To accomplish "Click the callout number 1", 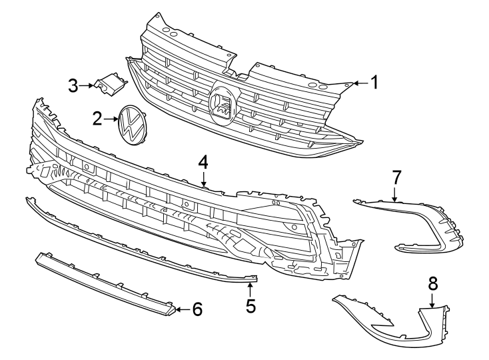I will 374,83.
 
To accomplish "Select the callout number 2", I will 98,119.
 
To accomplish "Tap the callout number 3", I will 73,85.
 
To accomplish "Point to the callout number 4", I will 203,162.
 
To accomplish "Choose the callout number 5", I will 250,306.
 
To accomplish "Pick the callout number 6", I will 197,309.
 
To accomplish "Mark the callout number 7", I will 396,177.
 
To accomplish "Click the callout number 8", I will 432,283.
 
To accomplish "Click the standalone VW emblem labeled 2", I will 132,124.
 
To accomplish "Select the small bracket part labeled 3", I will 110,84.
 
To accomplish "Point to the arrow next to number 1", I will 358,83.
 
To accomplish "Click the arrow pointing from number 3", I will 87,85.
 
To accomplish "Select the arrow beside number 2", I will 111,119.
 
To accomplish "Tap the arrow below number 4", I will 203,179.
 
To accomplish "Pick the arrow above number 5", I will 250,289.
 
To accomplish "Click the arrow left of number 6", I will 181,309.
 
